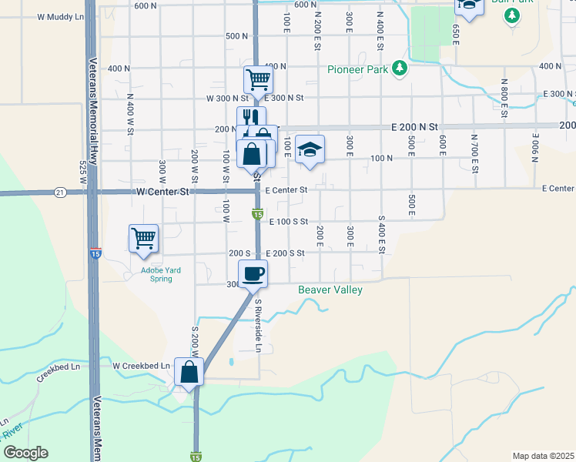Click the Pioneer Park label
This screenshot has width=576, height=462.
point(359,69)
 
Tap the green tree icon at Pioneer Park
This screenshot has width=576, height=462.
point(399,69)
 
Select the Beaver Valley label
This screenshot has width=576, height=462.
point(330,290)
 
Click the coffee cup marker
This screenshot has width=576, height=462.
point(253,273)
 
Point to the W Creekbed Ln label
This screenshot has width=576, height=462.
point(141,366)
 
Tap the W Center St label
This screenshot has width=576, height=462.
point(162,191)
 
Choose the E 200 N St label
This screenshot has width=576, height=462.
point(414,126)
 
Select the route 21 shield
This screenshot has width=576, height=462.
point(60,192)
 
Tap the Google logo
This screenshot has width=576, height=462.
point(25,454)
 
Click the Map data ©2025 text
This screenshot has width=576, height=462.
point(543,456)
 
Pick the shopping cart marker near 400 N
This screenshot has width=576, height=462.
point(258,79)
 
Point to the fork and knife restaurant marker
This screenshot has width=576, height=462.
point(249,117)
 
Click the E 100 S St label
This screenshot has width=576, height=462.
point(289,221)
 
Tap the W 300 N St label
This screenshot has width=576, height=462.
point(228,98)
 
